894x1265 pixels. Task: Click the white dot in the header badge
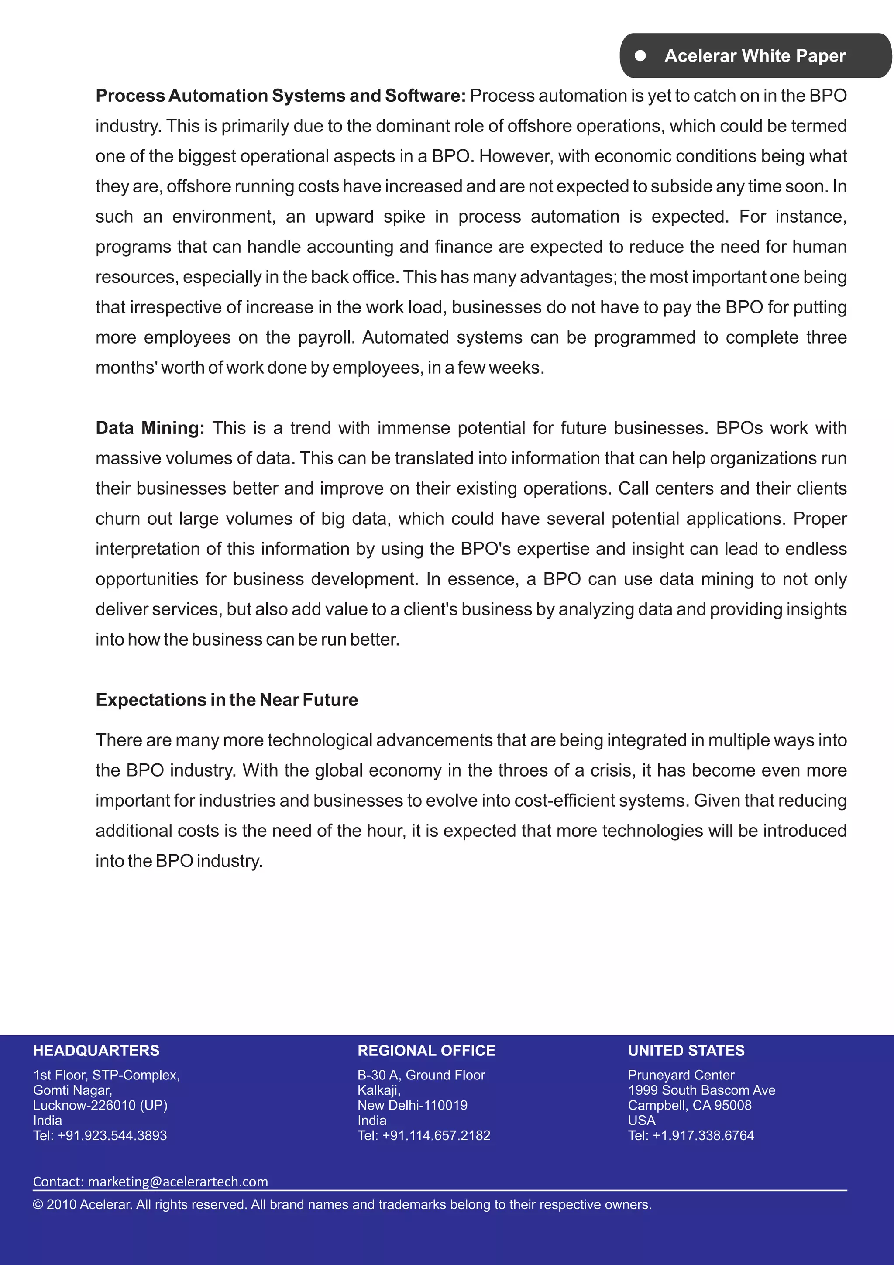click(640, 55)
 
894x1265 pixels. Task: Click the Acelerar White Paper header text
click(755, 55)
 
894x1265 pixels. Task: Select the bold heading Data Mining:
click(150, 428)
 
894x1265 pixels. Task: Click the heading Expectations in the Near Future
click(227, 700)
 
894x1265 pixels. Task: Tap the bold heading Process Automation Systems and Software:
click(280, 96)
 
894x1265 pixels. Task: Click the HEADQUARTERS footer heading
click(96, 1051)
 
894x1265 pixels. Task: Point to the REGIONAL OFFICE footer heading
click(426, 1051)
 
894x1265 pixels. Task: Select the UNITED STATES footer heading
click(686, 1051)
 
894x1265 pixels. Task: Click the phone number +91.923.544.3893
click(112, 1135)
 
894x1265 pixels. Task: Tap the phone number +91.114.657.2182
click(436, 1135)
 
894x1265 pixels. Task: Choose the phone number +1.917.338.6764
click(703, 1135)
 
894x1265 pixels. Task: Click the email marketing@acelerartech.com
click(177, 1182)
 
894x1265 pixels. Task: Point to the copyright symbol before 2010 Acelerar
click(38, 1205)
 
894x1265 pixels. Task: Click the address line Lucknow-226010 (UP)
click(100, 1105)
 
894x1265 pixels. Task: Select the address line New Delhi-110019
click(412, 1105)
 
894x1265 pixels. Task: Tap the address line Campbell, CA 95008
click(689, 1105)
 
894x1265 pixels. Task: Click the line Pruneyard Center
click(681, 1075)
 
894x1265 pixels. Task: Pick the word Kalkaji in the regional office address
click(378, 1090)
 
